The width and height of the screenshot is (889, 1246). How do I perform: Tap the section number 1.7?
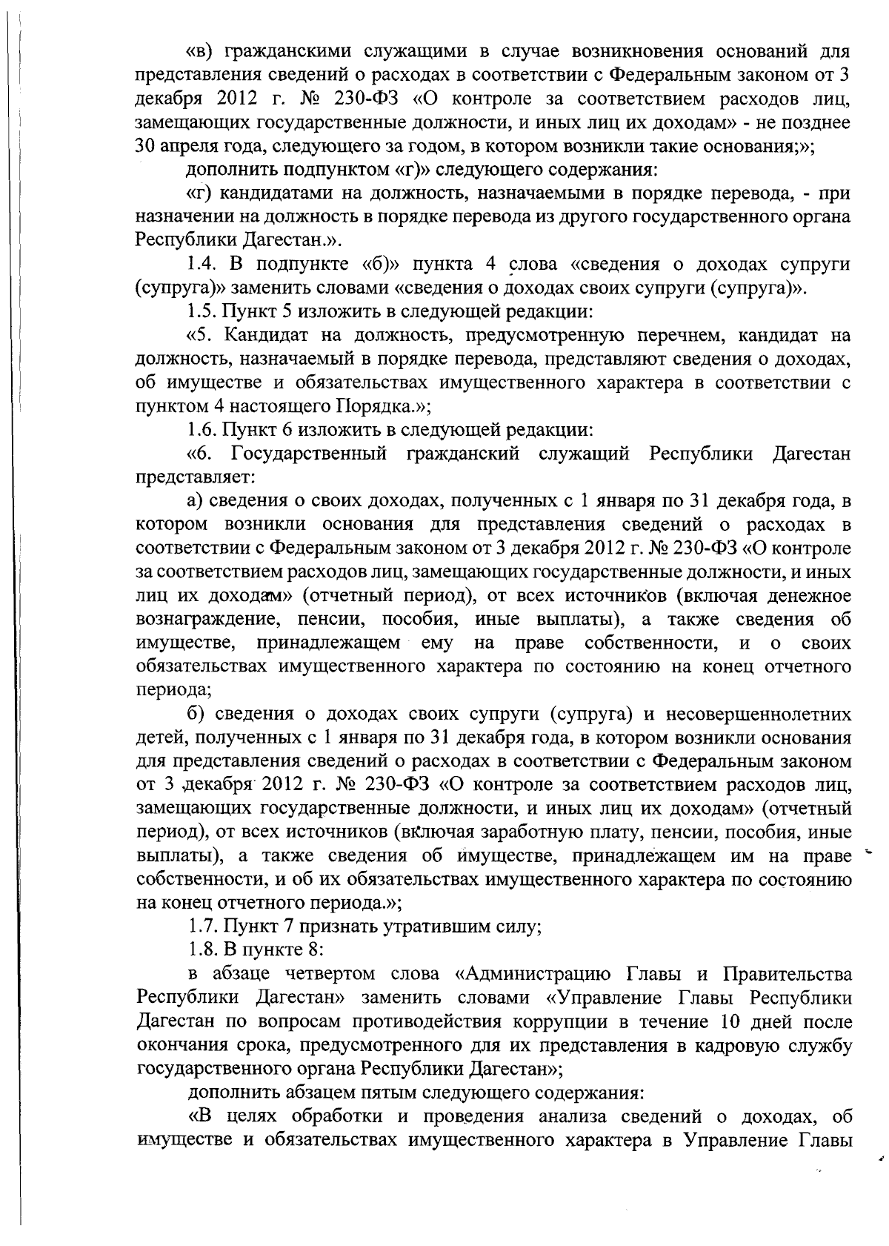pos(201,927)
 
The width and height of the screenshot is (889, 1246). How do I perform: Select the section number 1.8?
pos(201,950)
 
